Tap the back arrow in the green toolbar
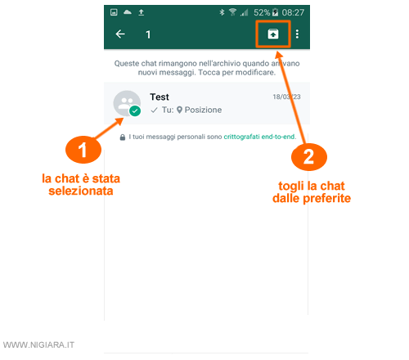120,34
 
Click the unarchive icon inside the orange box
273,34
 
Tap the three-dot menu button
297,34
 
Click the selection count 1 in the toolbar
148,34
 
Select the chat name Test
160,97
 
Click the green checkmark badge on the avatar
135,110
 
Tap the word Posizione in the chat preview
203,110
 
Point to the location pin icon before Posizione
179,110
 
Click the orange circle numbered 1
83,150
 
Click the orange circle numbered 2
309,157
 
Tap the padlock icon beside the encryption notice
123,137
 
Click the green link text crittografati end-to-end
259,137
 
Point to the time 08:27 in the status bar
293,12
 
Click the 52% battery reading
262,12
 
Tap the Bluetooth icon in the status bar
222,12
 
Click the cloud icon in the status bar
128,12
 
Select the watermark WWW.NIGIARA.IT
38,345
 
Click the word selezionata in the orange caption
81,191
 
